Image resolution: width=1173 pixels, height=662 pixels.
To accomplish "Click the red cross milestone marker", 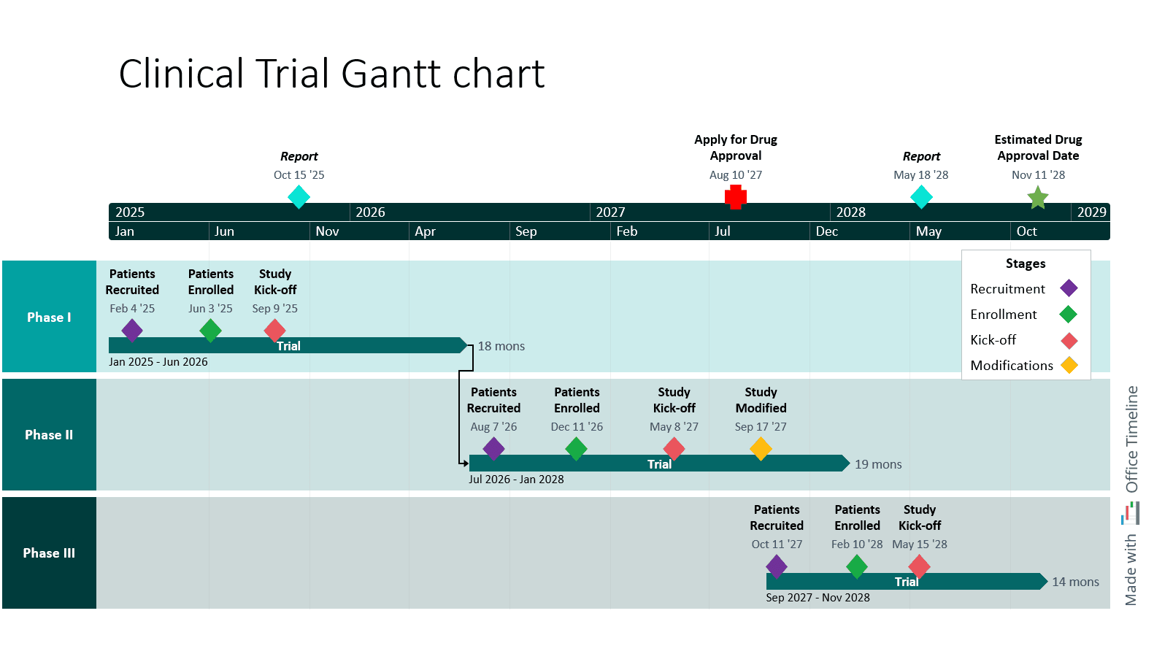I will coord(736,196).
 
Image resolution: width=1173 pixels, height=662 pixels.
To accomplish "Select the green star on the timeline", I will coord(1037,197).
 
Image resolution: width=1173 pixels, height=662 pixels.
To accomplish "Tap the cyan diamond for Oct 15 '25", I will coord(299,196).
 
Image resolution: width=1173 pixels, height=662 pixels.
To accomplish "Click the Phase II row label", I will coord(49,435).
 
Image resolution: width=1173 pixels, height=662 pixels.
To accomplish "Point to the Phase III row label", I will coord(49,553).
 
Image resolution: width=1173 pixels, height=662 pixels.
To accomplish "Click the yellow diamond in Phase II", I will coord(761,448).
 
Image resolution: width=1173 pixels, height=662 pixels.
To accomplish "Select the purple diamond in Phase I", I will coord(132,330).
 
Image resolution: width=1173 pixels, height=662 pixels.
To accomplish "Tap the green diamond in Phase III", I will coord(857,566).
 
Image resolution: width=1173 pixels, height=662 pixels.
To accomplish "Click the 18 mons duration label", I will coord(501,346).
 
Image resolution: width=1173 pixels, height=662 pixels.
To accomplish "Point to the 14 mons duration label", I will coord(1075,582).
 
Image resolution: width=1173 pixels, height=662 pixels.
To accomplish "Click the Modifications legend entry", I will coord(1012,366).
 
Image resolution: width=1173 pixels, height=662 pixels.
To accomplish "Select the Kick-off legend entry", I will coord(993,340).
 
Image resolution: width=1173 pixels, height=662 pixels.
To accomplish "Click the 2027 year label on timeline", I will coord(610,212).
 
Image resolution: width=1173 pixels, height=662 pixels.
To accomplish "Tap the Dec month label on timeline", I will coord(827,231).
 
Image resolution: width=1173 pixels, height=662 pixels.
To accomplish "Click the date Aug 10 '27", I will coord(735,175).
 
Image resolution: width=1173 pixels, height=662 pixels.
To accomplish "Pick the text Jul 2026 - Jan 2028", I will coord(516,480).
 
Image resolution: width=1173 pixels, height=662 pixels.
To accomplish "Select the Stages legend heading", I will coord(1026,263).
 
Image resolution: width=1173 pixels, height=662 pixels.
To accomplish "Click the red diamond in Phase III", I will coord(919,566).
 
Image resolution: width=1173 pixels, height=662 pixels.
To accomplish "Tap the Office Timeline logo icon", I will coord(1130,513).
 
